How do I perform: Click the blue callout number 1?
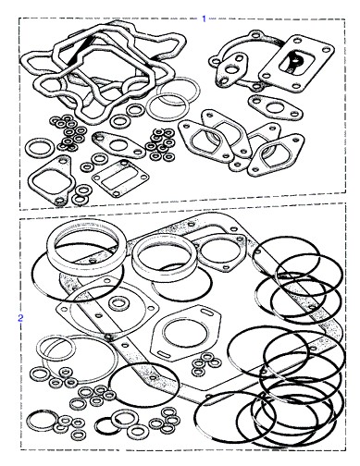tap(204, 18)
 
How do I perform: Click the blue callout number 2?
tap(20, 318)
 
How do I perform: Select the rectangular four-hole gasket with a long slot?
tap(120, 178)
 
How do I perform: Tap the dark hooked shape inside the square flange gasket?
tap(293, 62)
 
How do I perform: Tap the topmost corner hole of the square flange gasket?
tap(297, 40)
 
